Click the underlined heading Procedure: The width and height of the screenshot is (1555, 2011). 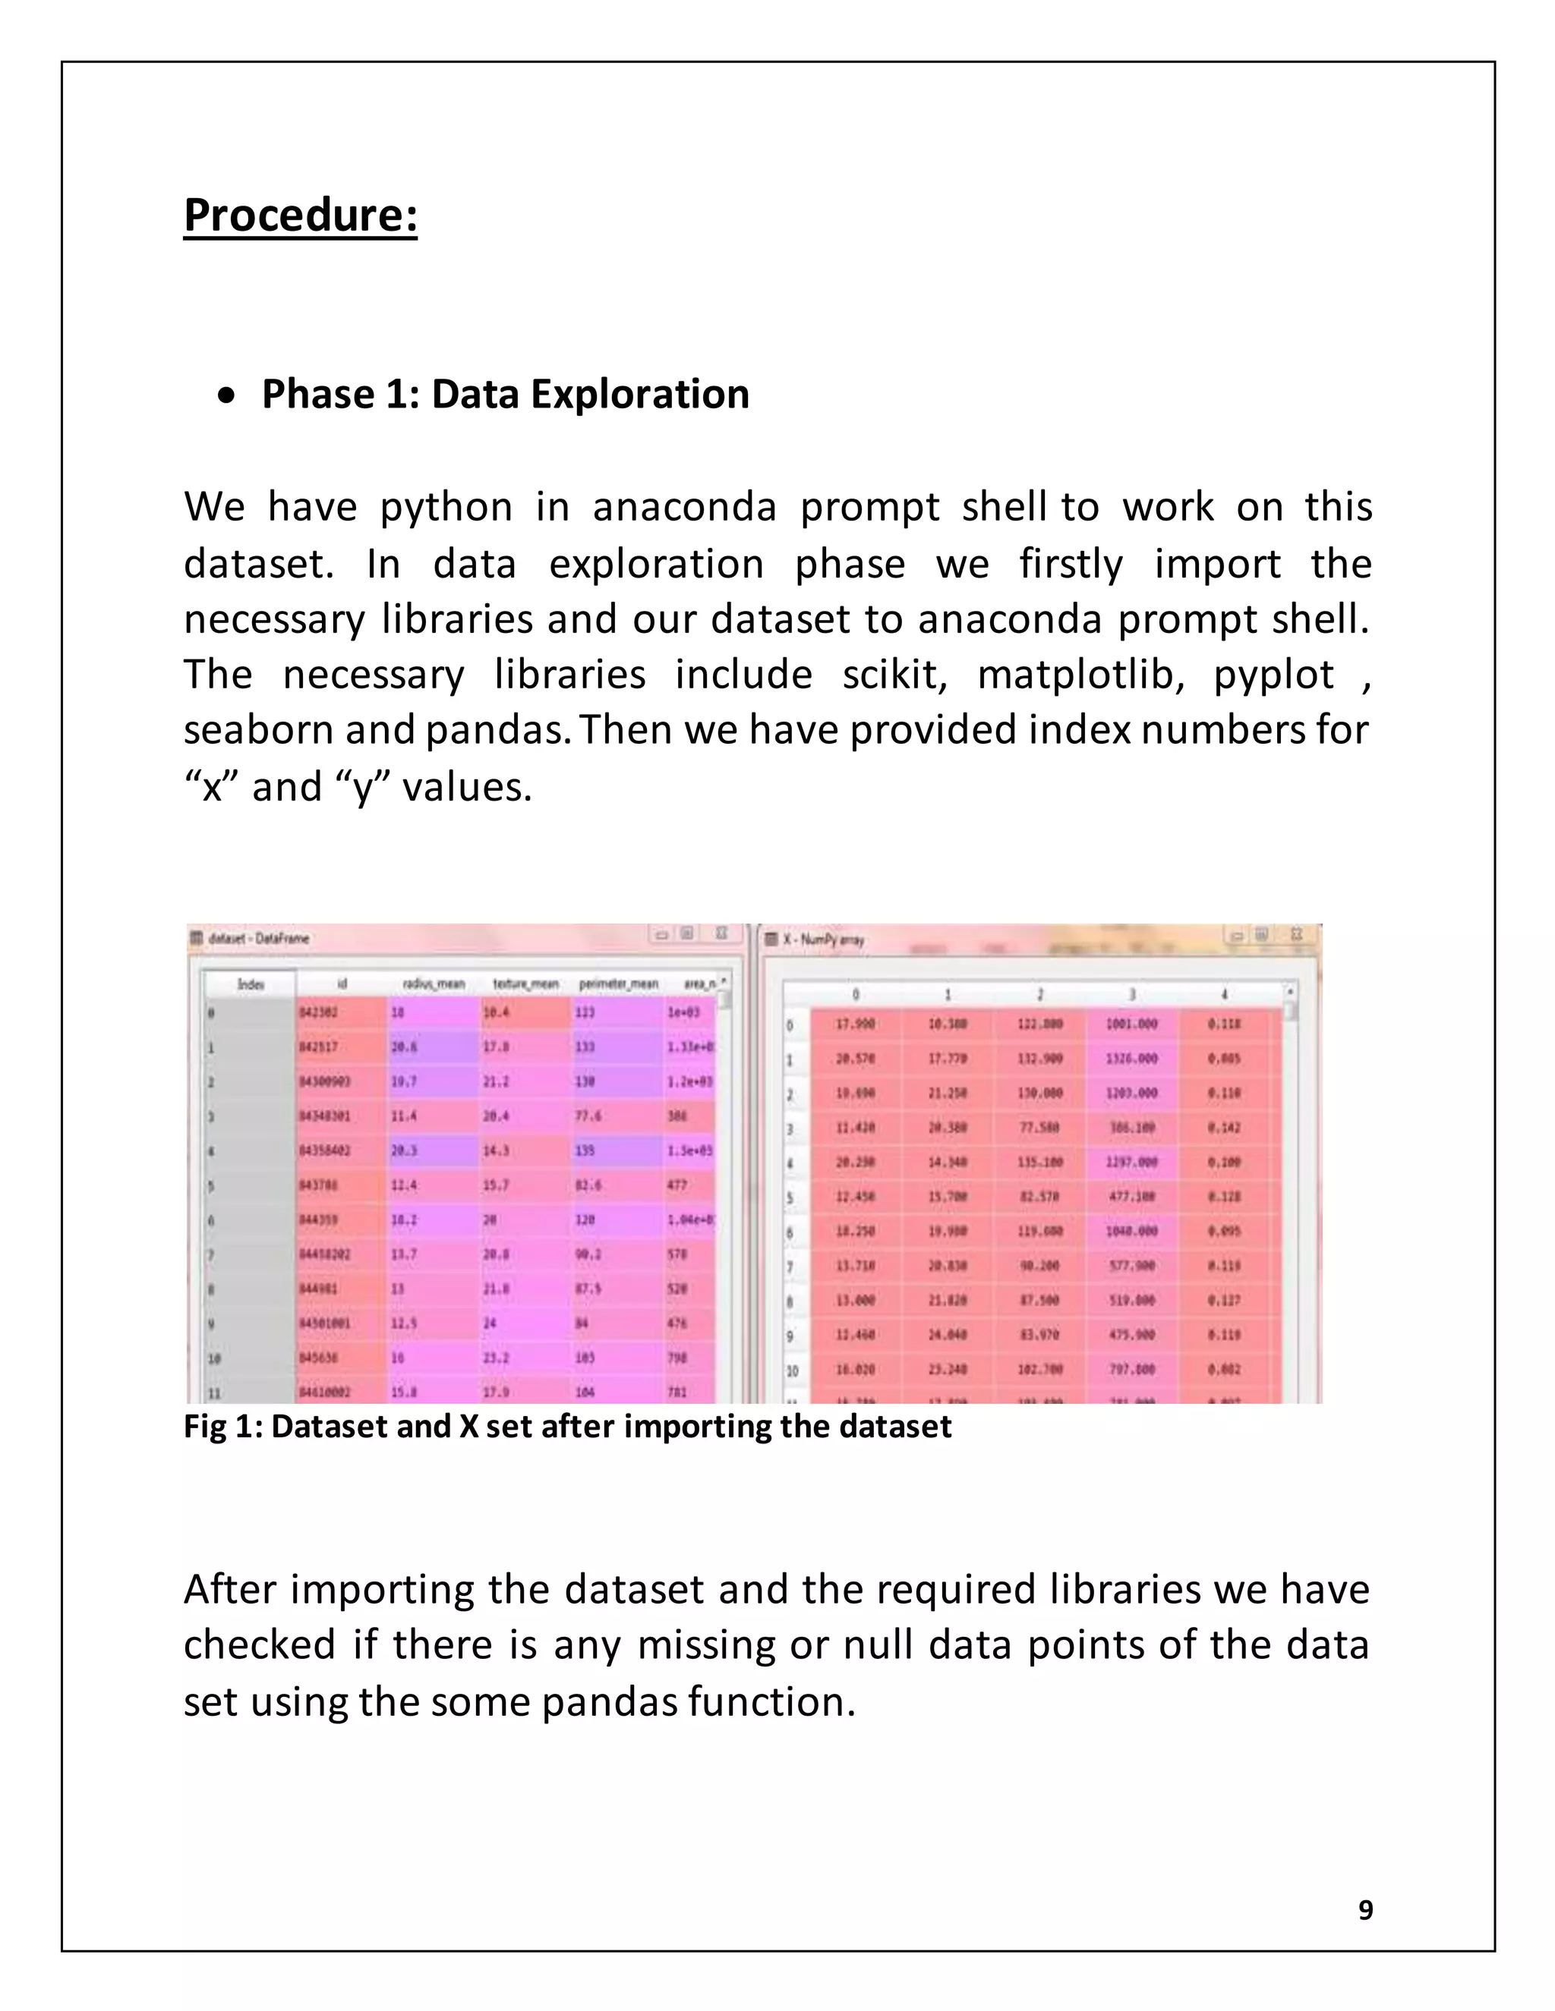301,216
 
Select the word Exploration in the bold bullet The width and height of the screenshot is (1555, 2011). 639,394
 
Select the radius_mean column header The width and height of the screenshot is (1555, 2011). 433,984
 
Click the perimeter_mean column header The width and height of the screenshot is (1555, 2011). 617,984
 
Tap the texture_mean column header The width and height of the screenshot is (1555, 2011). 525,984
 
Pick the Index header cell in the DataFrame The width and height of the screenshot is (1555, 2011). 251,984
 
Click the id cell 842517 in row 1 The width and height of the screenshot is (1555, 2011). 319,1047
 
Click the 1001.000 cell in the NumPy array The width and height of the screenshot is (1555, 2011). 1131,1024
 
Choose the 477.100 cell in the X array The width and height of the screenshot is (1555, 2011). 1131,1196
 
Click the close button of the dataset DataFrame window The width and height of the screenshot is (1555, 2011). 722,933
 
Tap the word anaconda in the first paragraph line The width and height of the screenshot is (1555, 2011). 684,508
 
